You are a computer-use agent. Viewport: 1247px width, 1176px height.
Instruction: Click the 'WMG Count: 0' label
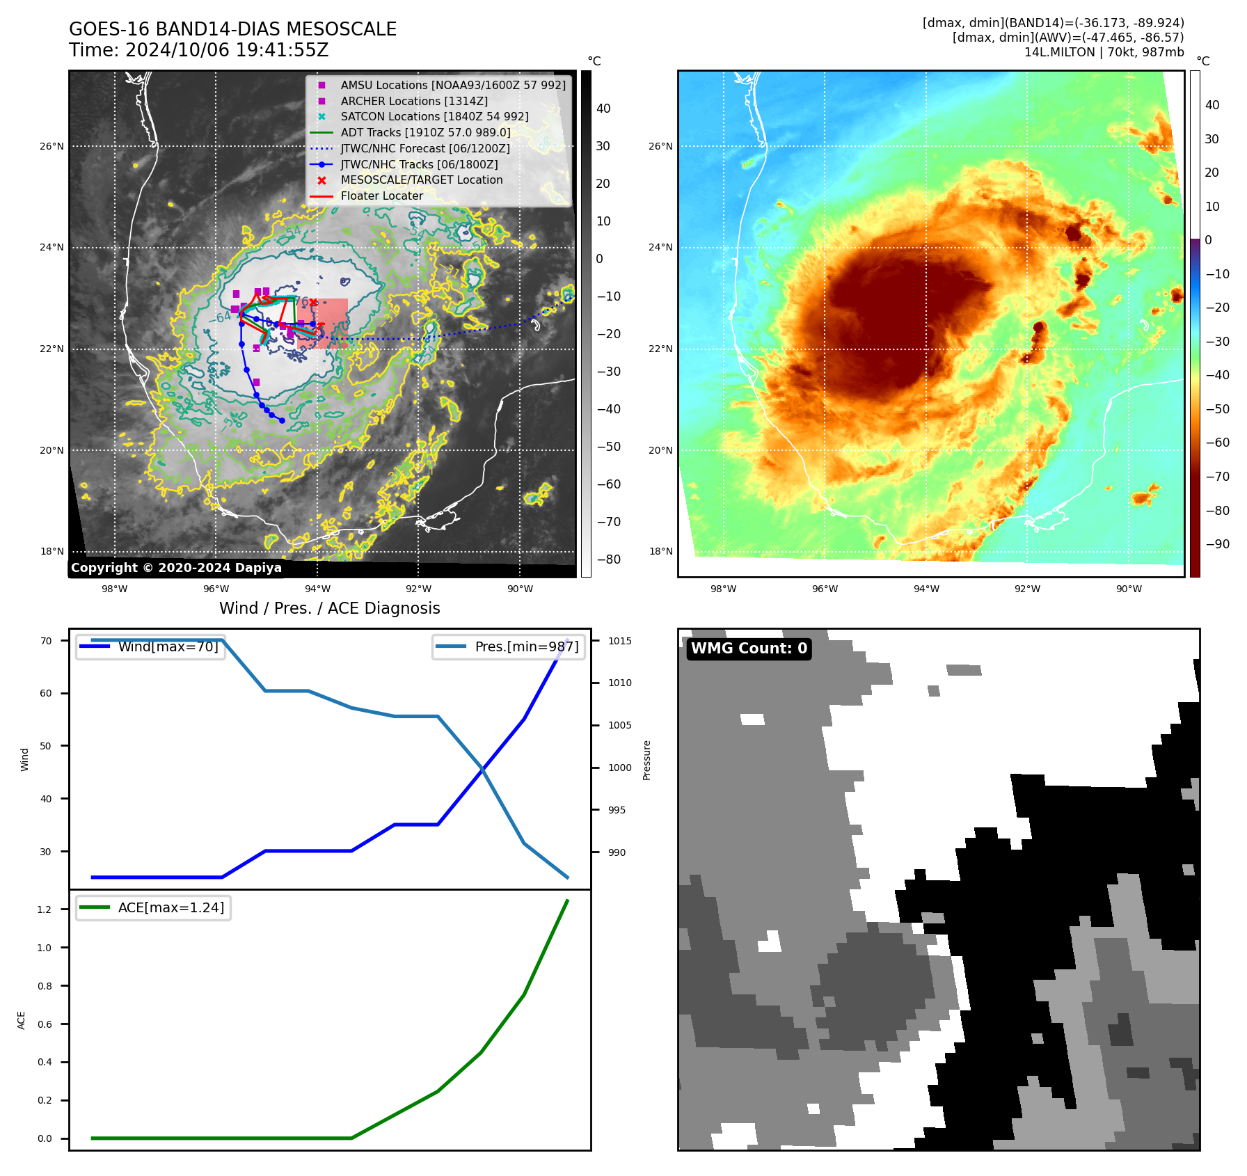click(x=749, y=649)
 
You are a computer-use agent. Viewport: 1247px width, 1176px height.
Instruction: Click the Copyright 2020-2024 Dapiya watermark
click(x=176, y=568)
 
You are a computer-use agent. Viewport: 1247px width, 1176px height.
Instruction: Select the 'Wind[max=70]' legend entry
click(x=168, y=646)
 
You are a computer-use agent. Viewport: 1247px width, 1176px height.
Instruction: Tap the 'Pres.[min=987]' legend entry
click(x=526, y=646)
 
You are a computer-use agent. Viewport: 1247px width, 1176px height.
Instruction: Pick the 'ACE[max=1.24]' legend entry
click(x=170, y=907)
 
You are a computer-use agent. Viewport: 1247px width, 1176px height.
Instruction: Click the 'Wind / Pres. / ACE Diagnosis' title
click(x=329, y=608)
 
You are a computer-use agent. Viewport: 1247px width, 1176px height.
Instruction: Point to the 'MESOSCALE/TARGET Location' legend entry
click(x=421, y=180)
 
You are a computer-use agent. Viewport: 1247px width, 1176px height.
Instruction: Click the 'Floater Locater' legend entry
click(x=381, y=196)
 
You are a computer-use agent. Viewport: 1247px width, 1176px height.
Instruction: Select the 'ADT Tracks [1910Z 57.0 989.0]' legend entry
click(x=425, y=132)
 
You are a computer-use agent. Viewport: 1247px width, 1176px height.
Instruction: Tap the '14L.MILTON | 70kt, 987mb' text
click(x=1104, y=52)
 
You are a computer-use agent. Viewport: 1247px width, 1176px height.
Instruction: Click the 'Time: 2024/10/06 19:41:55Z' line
click(x=198, y=50)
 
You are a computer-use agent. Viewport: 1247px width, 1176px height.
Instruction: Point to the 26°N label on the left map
click(x=51, y=146)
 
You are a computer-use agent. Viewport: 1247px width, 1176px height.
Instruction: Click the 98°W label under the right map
click(x=723, y=589)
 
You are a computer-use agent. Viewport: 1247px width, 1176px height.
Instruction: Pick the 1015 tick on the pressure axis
click(x=619, y=641)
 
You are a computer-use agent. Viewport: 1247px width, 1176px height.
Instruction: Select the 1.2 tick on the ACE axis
click(x=45, y=909)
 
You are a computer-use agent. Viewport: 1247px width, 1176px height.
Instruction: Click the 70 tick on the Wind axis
click(x=46, y=641)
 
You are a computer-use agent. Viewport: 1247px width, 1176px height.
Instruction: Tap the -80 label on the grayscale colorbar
click(x=608, y=559)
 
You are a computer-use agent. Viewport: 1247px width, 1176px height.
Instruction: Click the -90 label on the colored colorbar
click(x=1217, y=544)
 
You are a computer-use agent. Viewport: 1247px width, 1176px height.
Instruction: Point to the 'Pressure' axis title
click(x=646, y=760)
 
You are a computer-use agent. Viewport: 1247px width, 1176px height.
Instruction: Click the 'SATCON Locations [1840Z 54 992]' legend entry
click(x=434, y=116)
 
